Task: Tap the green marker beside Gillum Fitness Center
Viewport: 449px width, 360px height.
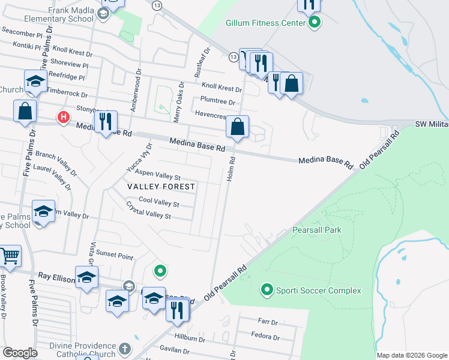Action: point(314,23)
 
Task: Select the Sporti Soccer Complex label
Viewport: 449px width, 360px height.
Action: point(318,290)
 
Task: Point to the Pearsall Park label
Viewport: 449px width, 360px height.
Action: point(316,230)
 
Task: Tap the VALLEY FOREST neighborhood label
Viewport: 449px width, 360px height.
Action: point(161,187)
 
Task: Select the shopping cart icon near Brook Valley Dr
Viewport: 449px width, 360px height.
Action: point(10,257)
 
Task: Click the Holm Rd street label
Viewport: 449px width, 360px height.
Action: point(230,169)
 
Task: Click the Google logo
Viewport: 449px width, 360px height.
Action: point(20,353)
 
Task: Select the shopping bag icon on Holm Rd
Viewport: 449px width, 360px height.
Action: point(238,127)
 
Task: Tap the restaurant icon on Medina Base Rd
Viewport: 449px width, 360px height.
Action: point(106,122)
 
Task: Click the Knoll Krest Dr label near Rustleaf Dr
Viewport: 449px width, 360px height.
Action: point(221,87)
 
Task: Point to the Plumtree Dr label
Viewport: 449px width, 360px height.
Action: point(218,102)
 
